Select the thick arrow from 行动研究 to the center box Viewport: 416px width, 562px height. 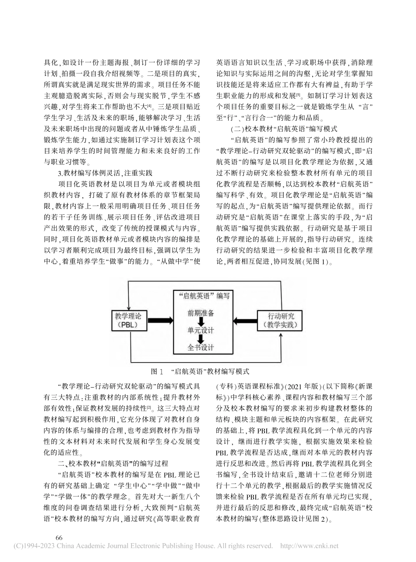point(243,321)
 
